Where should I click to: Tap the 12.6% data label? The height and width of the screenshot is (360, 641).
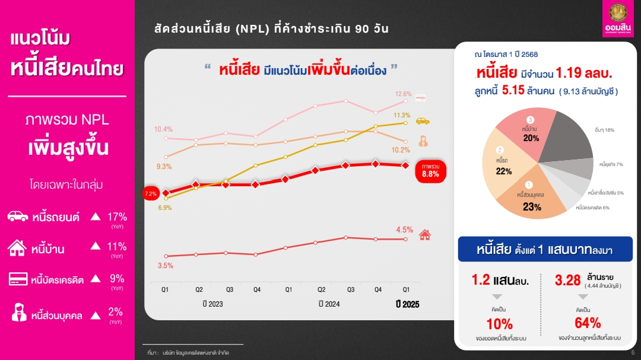(404, 94)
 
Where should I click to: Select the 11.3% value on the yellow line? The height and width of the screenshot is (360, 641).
(402, 115)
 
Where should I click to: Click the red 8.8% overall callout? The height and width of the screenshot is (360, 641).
(430, 170)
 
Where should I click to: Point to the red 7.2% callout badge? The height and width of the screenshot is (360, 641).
(151, 193)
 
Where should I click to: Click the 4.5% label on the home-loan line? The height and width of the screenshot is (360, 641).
(404, 230)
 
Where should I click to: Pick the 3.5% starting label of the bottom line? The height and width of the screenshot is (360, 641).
(165, 266)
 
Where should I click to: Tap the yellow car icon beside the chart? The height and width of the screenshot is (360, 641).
(423, 120)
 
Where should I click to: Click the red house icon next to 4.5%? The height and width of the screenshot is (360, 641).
(424, 234)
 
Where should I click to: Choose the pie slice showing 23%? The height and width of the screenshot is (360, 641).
(531, 199)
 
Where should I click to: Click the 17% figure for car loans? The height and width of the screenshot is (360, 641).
(117, 216)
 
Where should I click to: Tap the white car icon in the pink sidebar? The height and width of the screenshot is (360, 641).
(18, 216)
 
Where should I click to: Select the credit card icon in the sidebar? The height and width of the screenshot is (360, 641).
(18, 279)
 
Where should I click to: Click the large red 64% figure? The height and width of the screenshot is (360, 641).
(588, 323)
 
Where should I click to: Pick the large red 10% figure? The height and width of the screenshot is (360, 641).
(499, 324)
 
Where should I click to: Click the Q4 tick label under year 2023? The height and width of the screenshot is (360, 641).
(257, 289)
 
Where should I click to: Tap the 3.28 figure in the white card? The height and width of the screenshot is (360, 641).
(567, 280)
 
